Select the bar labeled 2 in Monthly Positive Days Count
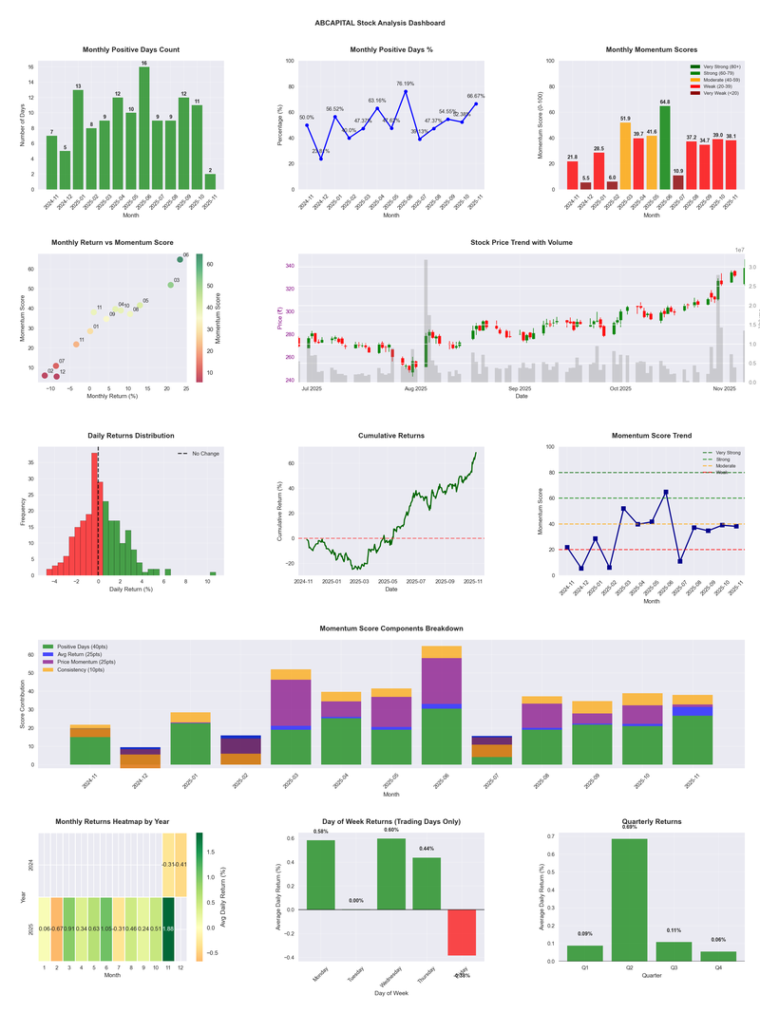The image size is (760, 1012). (x=210, y=181)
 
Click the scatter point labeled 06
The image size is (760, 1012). (x=180, y=259)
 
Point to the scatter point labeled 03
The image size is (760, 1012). (x=170, y=285)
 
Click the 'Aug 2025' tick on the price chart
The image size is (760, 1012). (x=415, y=388)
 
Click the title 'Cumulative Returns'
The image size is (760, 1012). (x=391, y=436)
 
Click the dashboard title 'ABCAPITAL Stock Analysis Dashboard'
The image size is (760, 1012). (x=380, y=23)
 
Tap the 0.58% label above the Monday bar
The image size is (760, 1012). (x=320, y=832)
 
